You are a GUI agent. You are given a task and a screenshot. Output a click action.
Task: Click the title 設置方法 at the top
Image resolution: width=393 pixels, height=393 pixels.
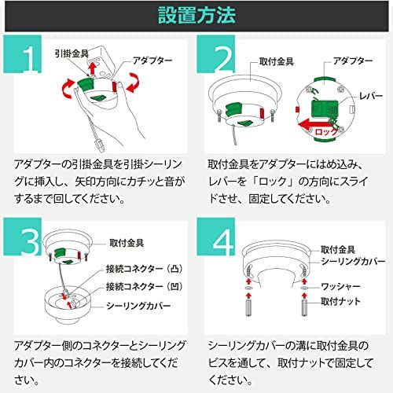point(197,15)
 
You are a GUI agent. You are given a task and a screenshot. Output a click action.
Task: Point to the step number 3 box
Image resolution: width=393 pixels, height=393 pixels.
point(28,241)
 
